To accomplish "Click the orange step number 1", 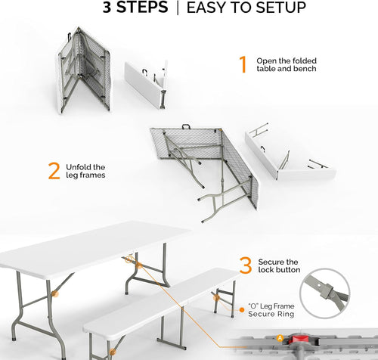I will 243,64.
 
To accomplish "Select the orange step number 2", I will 54,170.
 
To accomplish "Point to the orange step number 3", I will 245,265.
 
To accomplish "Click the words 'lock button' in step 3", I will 278,270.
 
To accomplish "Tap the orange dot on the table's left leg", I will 52,294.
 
